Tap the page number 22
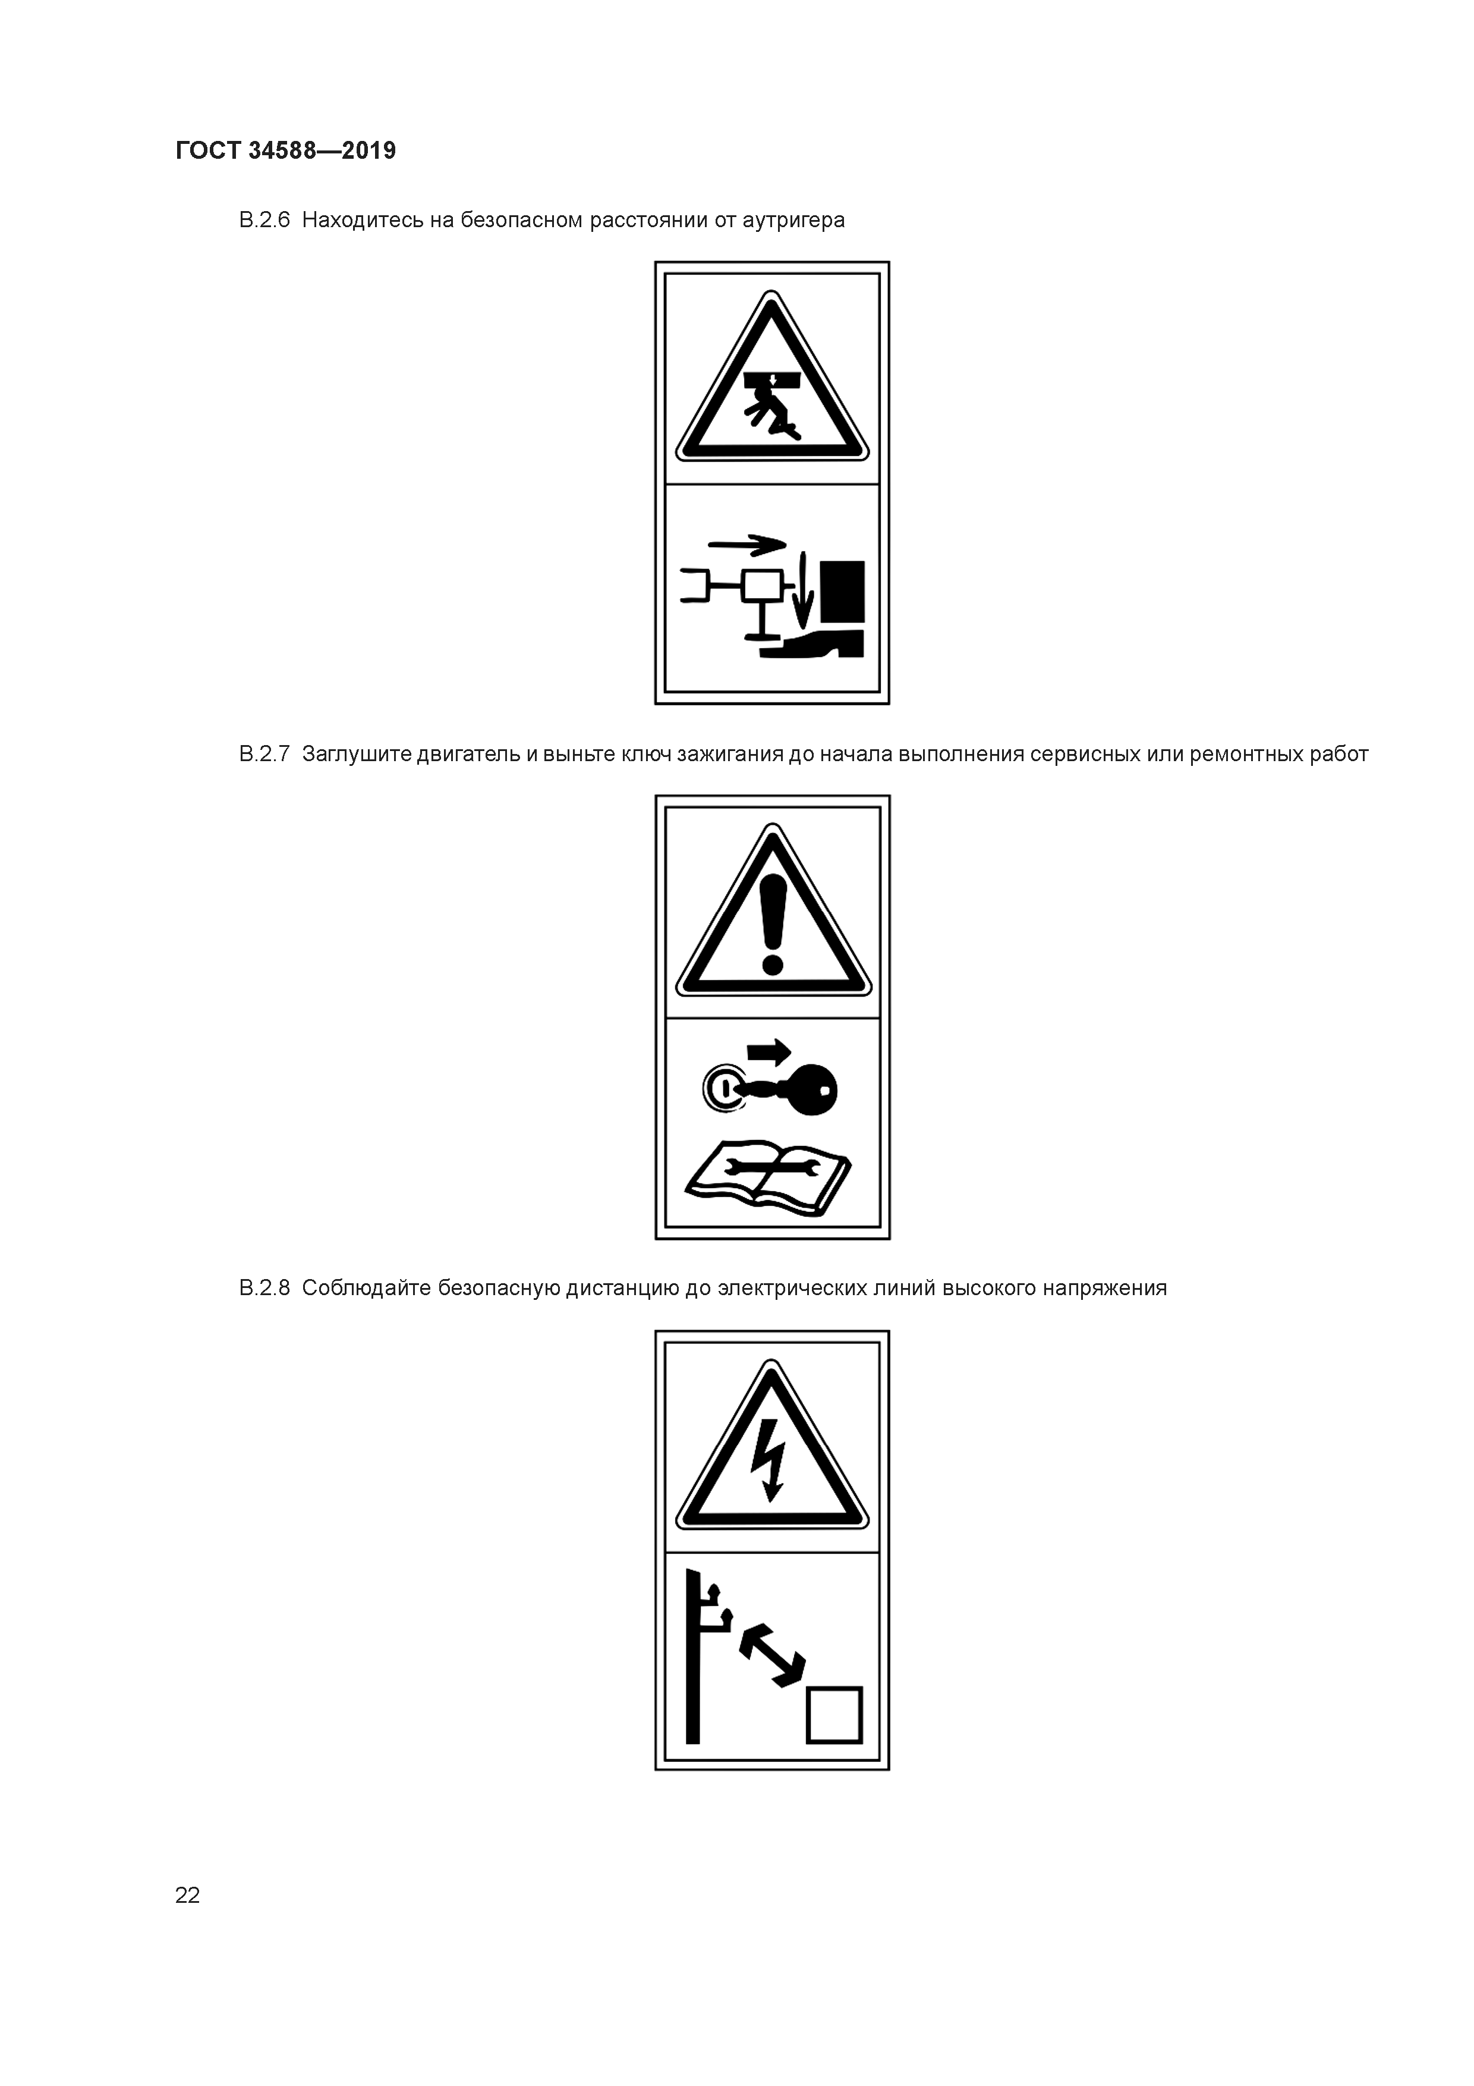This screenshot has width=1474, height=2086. [x=187, y=1895]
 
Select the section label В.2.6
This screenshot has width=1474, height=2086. [x=264, y=220]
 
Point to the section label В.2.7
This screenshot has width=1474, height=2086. [x=264, y=754]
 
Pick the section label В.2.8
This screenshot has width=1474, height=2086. [x=264, y=1289]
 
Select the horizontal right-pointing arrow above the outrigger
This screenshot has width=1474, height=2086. [x=747, y=545]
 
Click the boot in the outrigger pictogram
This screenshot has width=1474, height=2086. [x=812, y=643]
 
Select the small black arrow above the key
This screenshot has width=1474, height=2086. [x=769, y=1053]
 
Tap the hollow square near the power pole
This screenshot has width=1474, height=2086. [x=834, y=1716]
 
